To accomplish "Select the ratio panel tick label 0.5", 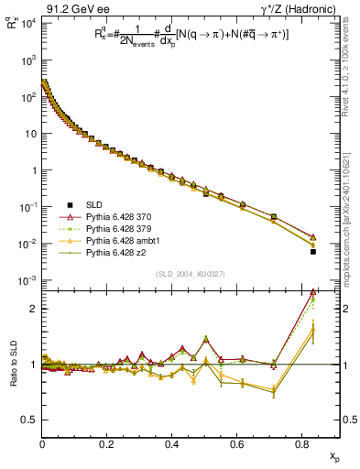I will click(28, 420).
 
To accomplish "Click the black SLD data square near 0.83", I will click(313, 251).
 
